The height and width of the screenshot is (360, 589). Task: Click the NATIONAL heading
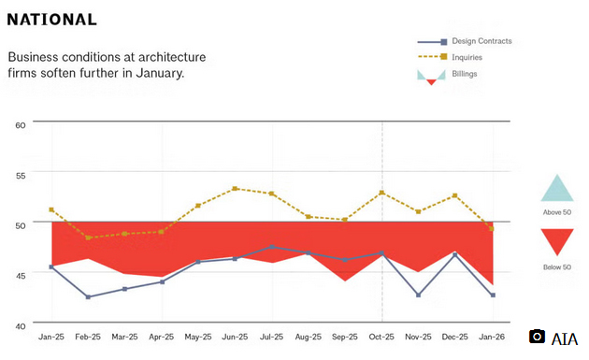click(x=52, y=20)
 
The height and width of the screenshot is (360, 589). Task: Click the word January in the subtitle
click(x=157, y=73)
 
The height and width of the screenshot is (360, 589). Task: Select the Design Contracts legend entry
click(x=481, y=41)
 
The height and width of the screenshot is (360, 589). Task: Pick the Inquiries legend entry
click(x=467, y=57)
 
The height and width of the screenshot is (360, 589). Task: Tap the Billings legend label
click(x=464, y=73)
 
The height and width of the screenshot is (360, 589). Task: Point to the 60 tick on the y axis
click(x=21, y=122)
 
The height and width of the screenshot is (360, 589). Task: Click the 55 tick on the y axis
click(x=21, y=173)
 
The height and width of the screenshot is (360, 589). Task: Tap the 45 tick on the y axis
click(x=21, y=275)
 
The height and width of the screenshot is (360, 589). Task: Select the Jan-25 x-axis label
click(x=51, y=336)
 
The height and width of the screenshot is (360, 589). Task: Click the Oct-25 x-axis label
click(x=381, y=336)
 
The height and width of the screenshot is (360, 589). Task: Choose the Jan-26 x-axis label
click(x=492, y=336)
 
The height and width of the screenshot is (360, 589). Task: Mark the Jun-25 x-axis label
click(x=235, y=336)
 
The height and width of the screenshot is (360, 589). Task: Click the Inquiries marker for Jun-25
click(x=235, y=189)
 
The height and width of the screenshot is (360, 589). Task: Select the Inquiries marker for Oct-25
click(x=381, y=193)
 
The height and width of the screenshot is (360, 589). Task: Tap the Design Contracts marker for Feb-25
click(x=88, y=297)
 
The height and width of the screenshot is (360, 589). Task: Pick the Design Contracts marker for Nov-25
click(x=418, y=295)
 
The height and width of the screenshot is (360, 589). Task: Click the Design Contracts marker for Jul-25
click(x=271, y=247)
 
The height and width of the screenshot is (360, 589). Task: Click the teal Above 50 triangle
click(x=556, y=189)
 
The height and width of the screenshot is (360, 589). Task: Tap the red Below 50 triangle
click(x=556, y=241)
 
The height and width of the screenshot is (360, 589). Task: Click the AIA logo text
click(x=565, y=338)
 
